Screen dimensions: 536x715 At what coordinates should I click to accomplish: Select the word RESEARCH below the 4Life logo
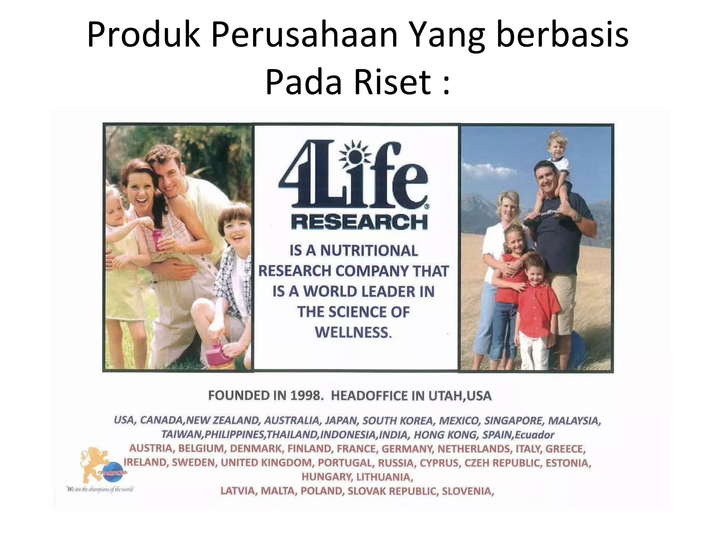pos(359,222)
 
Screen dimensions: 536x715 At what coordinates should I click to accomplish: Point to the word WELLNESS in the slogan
pos(353,332)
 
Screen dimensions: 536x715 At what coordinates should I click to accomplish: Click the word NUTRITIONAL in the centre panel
pos(369,251)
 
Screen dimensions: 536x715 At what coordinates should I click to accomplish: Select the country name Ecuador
pos(534,435)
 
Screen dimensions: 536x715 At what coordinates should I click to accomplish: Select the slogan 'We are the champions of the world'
pos(99,489)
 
